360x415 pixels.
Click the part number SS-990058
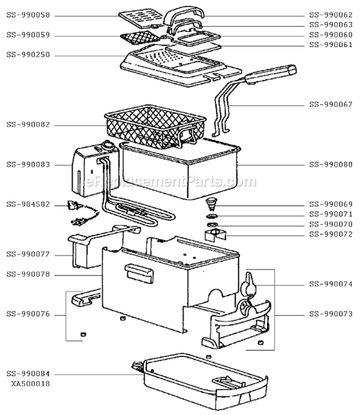pos(28,16)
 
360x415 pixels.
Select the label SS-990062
pos(331,16)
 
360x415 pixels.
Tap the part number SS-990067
pos(331,105)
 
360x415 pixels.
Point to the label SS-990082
pos(28,125)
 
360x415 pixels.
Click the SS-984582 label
pos(28,204)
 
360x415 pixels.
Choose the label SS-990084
pos(28,374)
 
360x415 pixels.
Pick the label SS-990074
pos(331,284)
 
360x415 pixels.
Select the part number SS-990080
pos(331,164)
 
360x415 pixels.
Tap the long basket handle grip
pos(271,75)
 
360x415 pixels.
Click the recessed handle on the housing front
pos(138,271)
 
